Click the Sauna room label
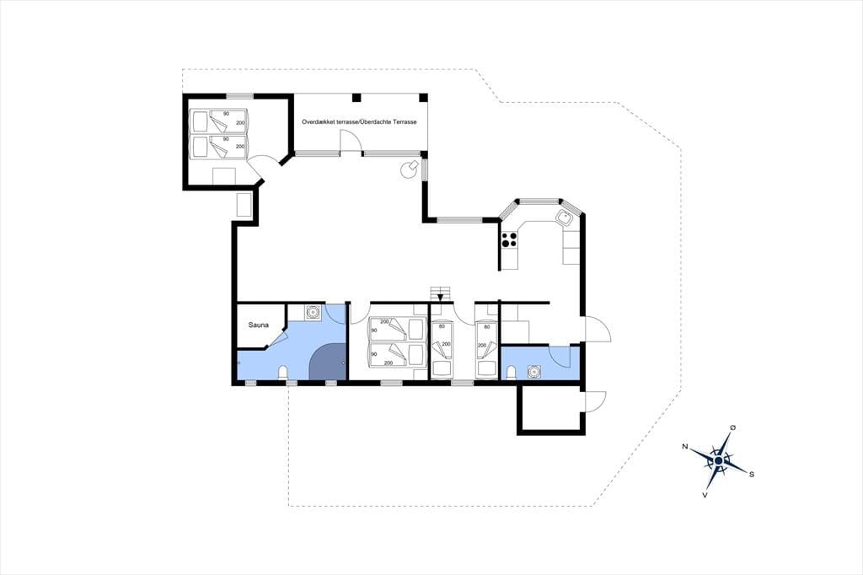pos(258,325)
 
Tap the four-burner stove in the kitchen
pos(509,239)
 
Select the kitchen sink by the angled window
pos(565,218)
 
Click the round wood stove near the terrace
pos(410,169)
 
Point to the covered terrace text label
pos(359,121)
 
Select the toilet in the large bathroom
pos(283,373)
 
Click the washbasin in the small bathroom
pos(533,373)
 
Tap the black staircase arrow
pos(440,298)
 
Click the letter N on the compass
pos(684,446)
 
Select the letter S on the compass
pos(752,474)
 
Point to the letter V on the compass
pos(705,495)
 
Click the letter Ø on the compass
pos(732,427)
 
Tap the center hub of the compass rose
pos(718,460)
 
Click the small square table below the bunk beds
pos(224,175)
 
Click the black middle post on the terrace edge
pos(356,98)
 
